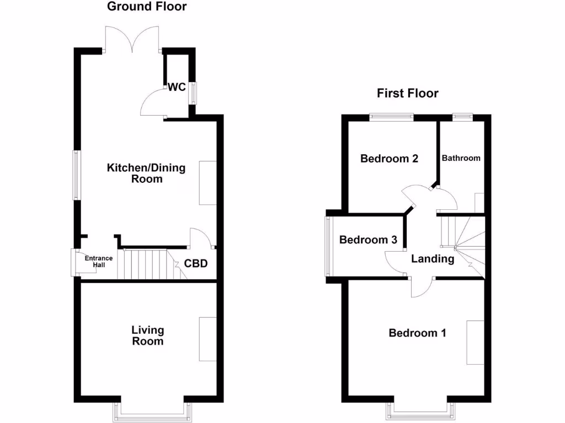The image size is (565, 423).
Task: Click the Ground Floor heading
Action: (x=147, y=7)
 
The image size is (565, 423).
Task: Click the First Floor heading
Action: (x=408, y=93)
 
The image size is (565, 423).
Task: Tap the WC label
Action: (x=177, y=87)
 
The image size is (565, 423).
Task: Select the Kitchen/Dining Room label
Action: (x=146, y=173)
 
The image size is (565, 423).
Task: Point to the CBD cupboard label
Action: (x=196, y=264)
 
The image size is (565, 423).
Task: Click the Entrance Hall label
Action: (x=98, y=261)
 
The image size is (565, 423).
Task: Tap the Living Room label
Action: (x=147, y=335)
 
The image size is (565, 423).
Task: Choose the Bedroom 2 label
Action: (x=389, y=159)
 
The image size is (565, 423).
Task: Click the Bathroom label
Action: (x=461, y=158)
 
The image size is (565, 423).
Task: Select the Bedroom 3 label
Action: (x=368, y=240)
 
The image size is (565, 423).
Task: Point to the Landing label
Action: (x=433, y=259)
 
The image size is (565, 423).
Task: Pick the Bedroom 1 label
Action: (x=417, y=333)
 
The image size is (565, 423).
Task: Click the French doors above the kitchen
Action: (x=132, y=40)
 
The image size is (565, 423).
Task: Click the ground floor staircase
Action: (x=146, y=264)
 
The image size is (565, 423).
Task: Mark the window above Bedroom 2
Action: (x=391, y=116)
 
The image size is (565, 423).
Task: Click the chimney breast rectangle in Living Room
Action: (x=208, y=339)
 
